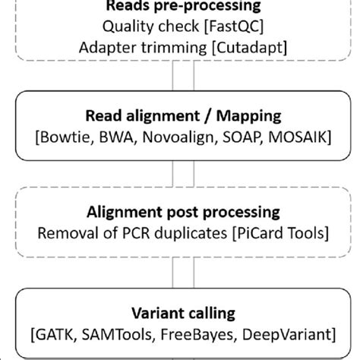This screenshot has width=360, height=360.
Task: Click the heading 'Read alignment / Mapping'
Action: click(179, 118)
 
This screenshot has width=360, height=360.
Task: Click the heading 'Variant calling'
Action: click(179, 311)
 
